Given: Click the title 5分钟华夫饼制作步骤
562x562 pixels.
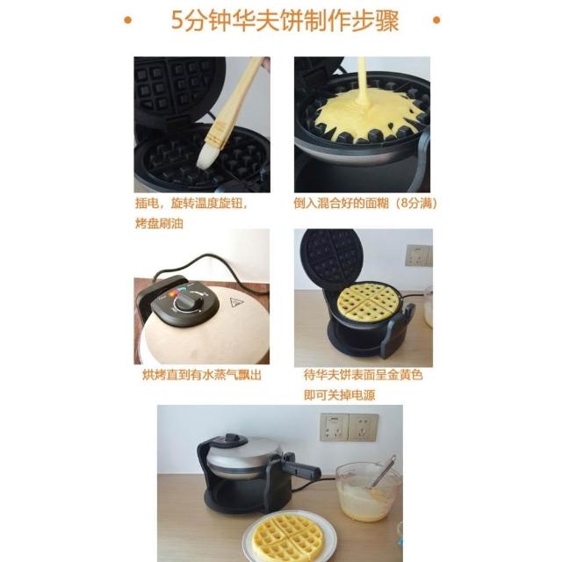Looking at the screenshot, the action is tap(285, 21).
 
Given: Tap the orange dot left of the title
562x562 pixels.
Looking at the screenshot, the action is tap(127, 20).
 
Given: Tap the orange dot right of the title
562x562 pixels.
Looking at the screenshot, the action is tap(436, 20).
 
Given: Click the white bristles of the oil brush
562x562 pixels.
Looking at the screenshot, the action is tap(205, 156).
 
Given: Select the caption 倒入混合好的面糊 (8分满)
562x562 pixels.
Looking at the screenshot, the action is tap(365, 204).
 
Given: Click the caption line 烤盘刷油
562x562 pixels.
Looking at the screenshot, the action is tap(159, 224).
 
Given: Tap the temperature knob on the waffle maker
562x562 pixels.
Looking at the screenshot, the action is tap(187, 301).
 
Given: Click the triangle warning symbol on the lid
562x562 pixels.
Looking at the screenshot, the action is tap(237, 303).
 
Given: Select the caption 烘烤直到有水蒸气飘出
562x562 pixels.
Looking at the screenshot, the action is tap(202, 375).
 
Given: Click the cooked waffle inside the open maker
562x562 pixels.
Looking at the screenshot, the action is tap(369, 302).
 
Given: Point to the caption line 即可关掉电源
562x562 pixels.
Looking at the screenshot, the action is tap(339, 395).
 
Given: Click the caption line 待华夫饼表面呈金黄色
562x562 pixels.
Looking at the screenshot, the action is tap(363, 375).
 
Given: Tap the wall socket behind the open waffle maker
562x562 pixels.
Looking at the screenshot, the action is tap(419, 256).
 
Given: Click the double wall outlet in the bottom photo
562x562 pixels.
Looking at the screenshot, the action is tap(349, 428).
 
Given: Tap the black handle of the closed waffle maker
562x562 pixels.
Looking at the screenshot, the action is tap(301, 470).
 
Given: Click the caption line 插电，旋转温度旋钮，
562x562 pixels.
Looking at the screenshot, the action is tap(191, 204).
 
